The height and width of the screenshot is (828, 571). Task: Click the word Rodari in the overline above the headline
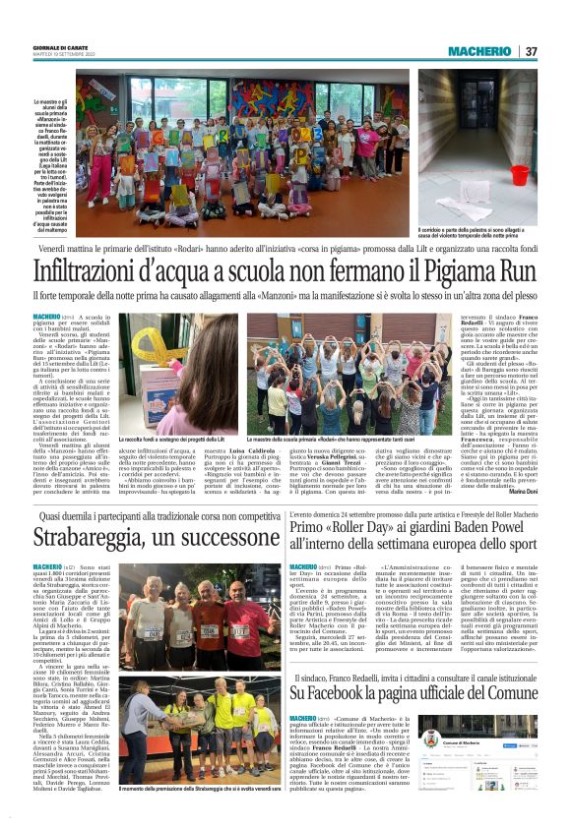pyautogui.click(x=206, y=251)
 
